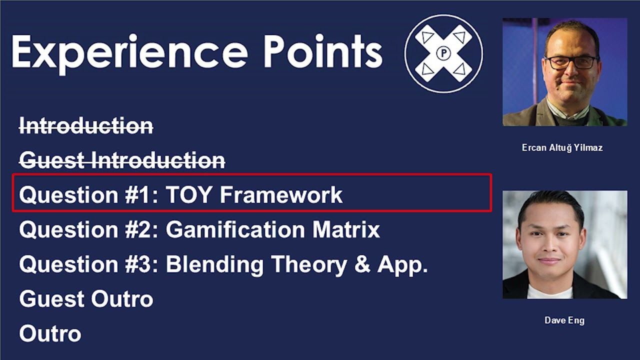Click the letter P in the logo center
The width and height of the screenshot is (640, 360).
click(x=443, y=53)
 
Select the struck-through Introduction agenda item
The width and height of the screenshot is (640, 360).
click(x=86, y=126)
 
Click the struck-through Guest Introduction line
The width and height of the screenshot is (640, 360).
click(x=122, y=160)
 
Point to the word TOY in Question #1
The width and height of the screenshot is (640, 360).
click(x=189, y=195)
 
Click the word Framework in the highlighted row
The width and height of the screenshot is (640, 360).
click(x=281, y=195)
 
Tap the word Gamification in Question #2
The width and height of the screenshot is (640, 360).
click(x=235, y=230)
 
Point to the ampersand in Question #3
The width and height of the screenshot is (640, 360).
click(x=362, y=264)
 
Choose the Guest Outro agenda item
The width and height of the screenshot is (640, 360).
click(x=86, y=299)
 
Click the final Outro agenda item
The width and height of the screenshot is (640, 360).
click(x=50, y=333)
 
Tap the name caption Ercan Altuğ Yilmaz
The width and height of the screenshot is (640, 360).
click(x=562, y=147)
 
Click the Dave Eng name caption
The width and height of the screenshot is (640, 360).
click(x=564, y=320)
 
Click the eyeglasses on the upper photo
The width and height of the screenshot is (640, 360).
click(x=570, y=62)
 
